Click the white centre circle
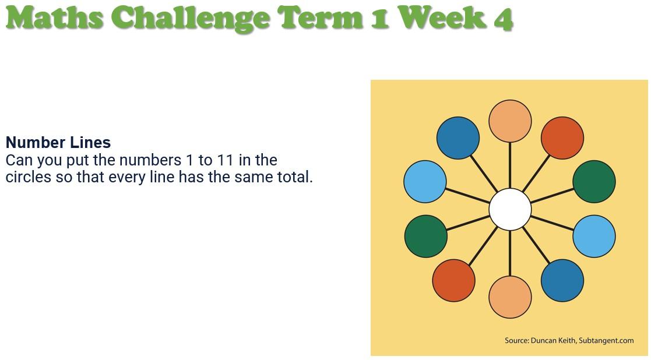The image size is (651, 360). click(x=510, y=209)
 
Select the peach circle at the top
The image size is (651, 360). click(x=510, y=121)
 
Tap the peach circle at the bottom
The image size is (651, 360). click(x=510, y=297)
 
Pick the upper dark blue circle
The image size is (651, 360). click(x=458, y=137)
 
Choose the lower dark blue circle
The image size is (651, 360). click(x=562, y=280)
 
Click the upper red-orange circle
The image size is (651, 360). click(x=562, y=137)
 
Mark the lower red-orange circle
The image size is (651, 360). click(x=453, y=280)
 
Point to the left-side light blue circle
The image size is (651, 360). click(x=425, y=181)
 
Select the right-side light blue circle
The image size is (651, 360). click(x=594, y=236)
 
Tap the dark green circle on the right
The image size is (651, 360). click(x=594, y=181)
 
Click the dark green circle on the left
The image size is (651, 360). click(x=425, y=236)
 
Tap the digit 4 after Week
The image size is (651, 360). click(x=503, y=19)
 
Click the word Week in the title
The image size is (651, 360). click(x=444, y=17)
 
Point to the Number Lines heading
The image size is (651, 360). click(x=58, y=142)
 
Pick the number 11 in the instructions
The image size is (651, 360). click(x=225, y=160)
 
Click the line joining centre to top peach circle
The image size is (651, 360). click(x=510, y=165)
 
